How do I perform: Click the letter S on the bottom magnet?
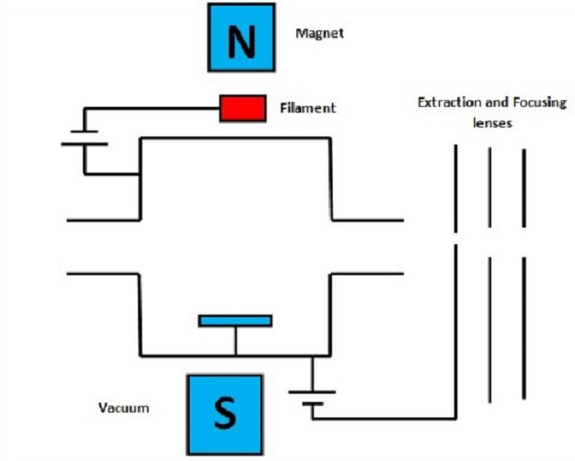pyautogui.click(x=224, y=413)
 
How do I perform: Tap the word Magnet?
pyautogui.click(x=319, y=34)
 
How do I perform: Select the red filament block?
pyautogui.click(x=242, y=108)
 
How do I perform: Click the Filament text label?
pyautogui.click(x=306, y=108)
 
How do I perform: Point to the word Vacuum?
pyautogui.click(x=124, y=408)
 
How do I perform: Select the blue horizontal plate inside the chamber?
pyautogui.click(x=235, y=320)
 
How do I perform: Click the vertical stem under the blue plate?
pyautogui.click(x=235, y=341)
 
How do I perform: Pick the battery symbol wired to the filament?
pyautogui.click(x=84, y=136)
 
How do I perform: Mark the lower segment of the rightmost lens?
pyautogui.click(x=524, y=329)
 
